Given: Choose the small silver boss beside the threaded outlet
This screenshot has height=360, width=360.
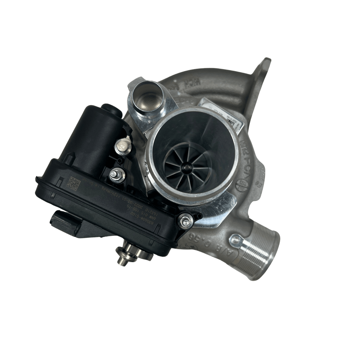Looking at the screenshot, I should click(236, 240).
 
